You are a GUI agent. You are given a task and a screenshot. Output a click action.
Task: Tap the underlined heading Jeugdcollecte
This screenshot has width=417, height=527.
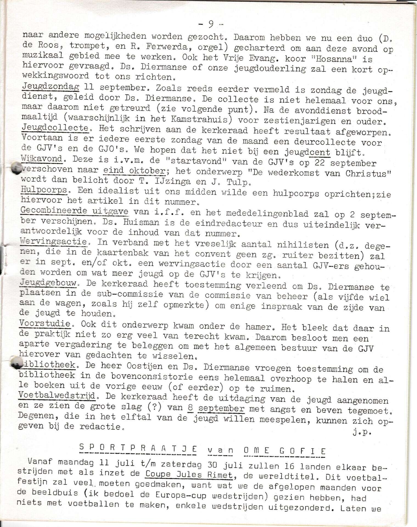(55, 128)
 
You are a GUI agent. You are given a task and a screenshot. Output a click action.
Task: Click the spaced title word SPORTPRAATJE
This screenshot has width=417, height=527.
(138, 449)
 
